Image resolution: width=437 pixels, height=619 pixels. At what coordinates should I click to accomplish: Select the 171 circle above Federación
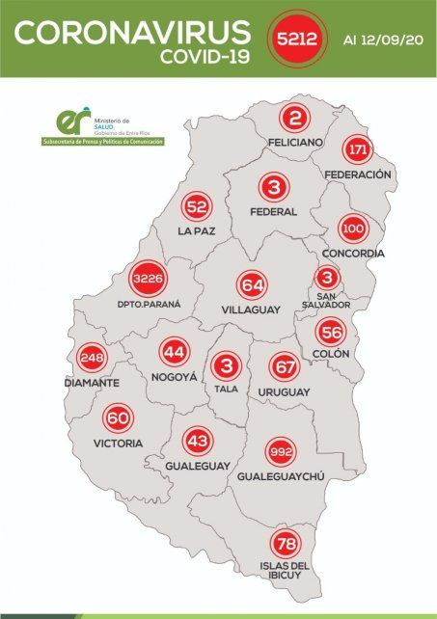click(359, 151)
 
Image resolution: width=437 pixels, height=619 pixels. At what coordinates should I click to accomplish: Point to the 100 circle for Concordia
click(353, 230)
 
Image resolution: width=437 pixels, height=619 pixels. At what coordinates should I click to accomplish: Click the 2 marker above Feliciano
click(294, 118)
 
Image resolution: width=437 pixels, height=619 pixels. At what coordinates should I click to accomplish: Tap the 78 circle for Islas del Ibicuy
click(285, 543)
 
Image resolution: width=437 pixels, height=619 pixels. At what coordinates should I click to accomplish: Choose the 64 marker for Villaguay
click(253, 285)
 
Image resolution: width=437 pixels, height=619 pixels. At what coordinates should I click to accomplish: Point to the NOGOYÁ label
click(175, 378)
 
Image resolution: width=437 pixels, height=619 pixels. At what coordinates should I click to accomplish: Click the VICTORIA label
click(119, 443)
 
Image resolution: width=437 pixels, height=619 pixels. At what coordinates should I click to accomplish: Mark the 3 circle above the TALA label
click(228, 367)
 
